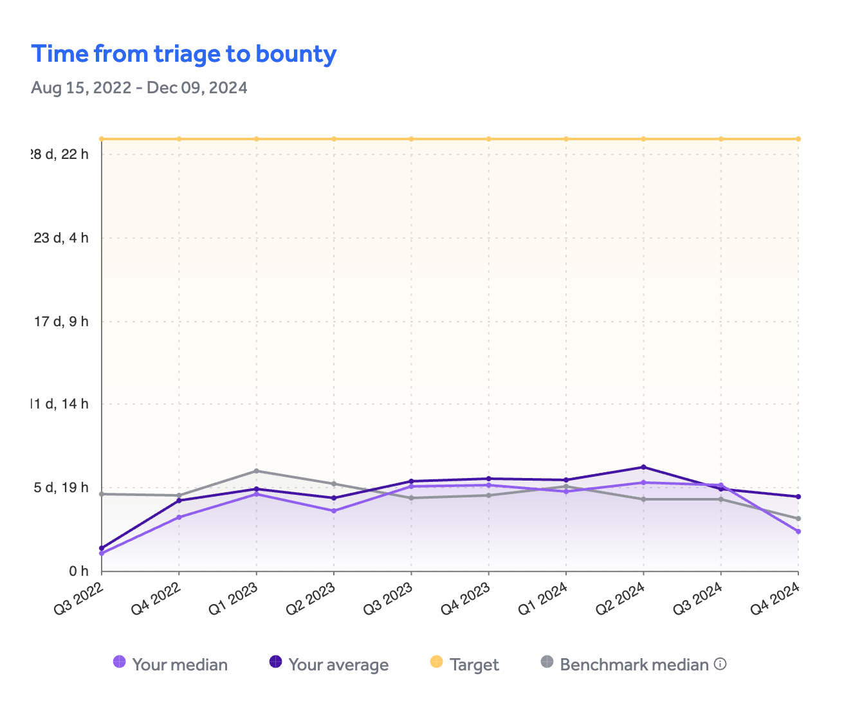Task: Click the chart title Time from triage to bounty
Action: (x=184, y=54)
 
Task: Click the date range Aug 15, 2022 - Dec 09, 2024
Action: (x=139, y=87)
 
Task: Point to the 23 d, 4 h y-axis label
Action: (x=61, y=238)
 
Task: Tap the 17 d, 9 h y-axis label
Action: (x=61, y=321)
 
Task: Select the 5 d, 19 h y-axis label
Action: (x=61, y=488)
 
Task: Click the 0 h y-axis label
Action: (x=78, y=571)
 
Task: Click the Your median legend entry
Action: (x=170, y=664)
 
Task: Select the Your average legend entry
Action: (x=329, y=664)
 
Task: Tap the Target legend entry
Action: (x=464, y=664)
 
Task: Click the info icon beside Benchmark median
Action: (x=720, y=664)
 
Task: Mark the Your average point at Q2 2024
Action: (x=643, y=467)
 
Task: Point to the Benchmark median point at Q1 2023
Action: (x=256, y=471)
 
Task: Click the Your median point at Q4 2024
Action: (x=798, y=531)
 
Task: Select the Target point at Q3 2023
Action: (x=411, y=139)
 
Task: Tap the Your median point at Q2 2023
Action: (x=334, y=511)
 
